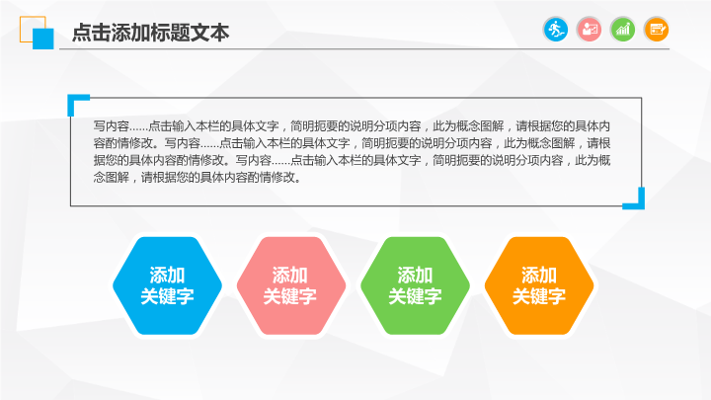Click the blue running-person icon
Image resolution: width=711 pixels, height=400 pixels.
click(x=555, y=30)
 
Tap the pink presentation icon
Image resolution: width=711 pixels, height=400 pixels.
click(x=589, y=30)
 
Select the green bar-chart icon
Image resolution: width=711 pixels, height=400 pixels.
click(x=622, y=30)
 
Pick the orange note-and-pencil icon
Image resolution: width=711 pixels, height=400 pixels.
click(x=656, y=30)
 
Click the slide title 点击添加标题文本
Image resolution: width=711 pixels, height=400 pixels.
click(x=150, y=33)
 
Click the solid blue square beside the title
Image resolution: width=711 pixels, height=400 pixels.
click(x=43, y=39)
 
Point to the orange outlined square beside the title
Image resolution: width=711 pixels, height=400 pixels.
click(x=27, y=23)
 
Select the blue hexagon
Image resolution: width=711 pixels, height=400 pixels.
click(x=167, y=285)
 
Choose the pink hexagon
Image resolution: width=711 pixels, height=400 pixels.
click(x=291, y=285)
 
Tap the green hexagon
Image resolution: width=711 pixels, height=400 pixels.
click(x=415, y=285)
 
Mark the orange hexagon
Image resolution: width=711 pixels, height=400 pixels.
click(x=539, y=285)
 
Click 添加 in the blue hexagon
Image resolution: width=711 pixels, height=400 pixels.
click(x=167, y=276)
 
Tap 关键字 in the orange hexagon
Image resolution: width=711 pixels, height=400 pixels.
click(x=539, y=296)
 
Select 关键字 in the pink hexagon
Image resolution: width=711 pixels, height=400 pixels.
click(x=290, y=296)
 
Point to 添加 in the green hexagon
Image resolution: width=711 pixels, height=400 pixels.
click(x=415, y=276)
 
